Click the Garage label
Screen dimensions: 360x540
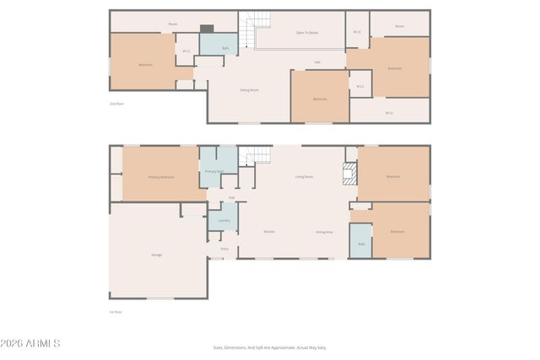(157, 255)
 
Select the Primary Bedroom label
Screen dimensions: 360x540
(161, 177)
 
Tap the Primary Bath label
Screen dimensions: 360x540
(213, 171)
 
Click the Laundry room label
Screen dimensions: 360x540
(224, 220)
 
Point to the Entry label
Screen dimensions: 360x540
(224, 249)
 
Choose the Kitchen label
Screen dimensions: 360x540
(269, 232)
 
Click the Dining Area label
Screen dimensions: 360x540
(324, 232)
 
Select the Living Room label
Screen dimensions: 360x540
(304, 176)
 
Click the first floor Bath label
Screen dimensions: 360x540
(361, 244)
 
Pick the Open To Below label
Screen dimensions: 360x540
(306, 32)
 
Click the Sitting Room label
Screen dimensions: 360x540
(249, 89)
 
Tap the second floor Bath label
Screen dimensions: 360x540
(225, 49)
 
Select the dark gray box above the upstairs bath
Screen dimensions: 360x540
(207, 28)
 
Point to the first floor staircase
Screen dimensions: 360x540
(258, 155)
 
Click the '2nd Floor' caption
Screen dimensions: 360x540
(116, 104)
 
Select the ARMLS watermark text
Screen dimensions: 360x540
(31, 344)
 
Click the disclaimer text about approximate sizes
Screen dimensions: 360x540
(269, 347)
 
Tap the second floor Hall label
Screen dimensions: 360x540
(317, 62)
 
